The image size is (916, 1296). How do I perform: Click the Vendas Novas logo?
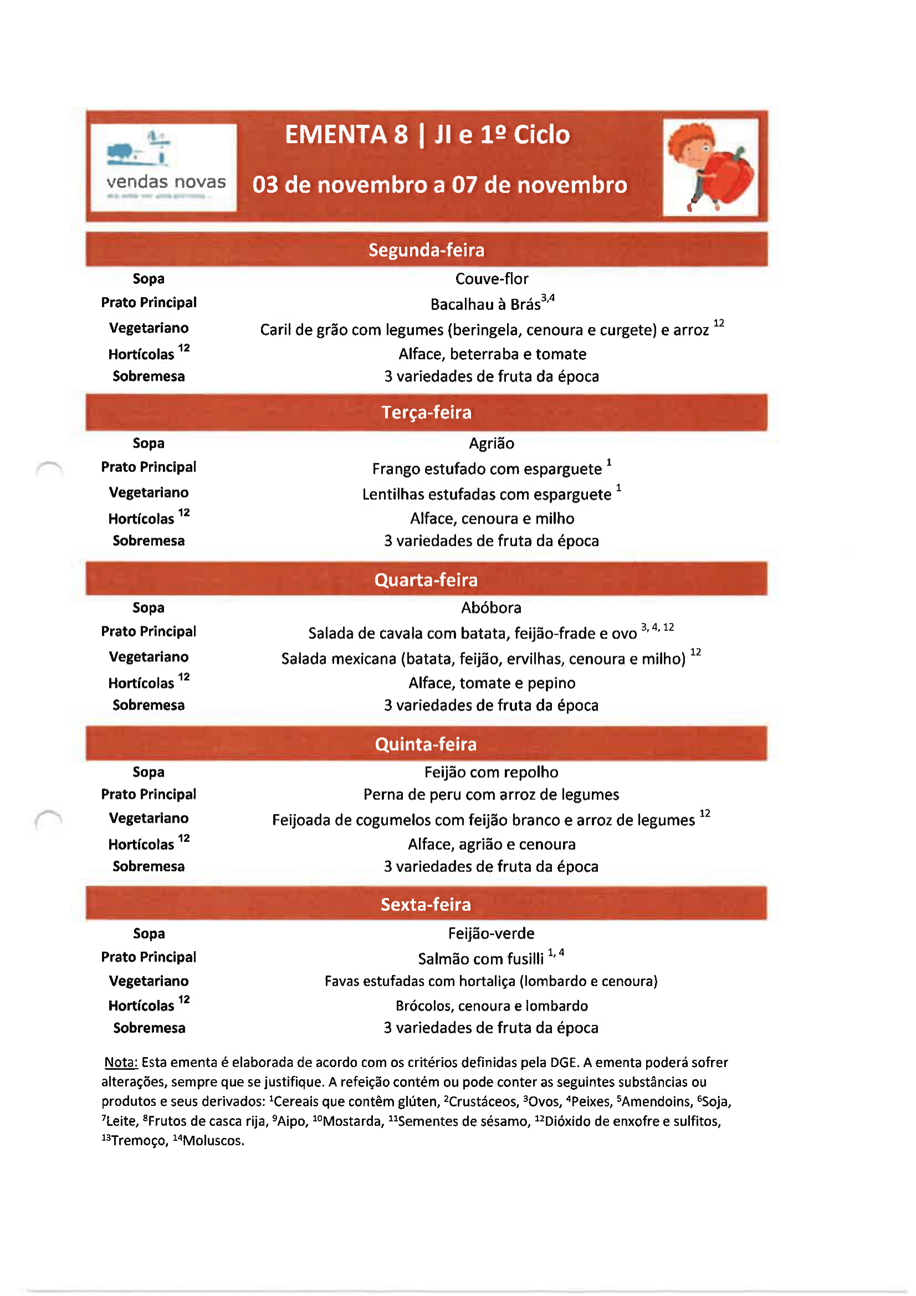tap(163, 167)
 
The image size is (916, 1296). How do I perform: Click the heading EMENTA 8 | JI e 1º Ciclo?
tap(427, 135)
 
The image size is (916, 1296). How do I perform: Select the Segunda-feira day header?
tap(426, 250)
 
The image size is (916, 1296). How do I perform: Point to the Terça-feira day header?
tap(426, 412)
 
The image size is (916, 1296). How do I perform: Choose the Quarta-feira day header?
tap(426, 580)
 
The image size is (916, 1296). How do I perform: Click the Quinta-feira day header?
tap(426, 744)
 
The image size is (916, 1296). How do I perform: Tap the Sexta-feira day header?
tap(426, 904)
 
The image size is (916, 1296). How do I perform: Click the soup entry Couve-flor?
tap(492, 279)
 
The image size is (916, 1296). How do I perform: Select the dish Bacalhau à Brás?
tap(485, 304)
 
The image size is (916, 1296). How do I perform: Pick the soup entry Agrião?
tap(492, 443)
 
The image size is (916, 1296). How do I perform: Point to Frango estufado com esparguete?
tap(487, 469)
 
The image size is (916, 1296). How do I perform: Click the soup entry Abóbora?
tap(492, 608)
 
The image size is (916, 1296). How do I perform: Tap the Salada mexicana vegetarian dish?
tap(483, 659)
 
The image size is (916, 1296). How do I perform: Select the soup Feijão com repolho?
tap(492, 772)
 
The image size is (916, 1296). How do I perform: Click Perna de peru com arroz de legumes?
tap(492, 795)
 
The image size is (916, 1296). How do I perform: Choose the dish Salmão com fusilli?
tap(481, 958)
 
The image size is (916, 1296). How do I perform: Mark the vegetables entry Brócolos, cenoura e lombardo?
tap(492, 1006)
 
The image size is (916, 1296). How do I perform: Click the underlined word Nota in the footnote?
tap(121, 1062)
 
